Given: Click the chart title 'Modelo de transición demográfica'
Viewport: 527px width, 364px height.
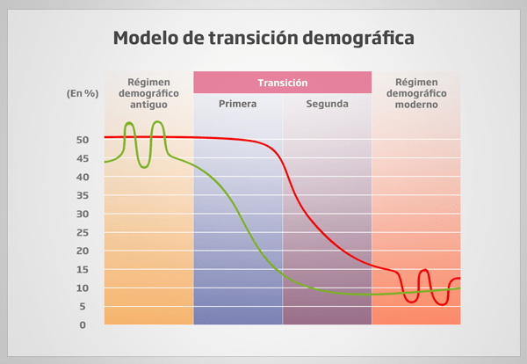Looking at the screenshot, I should coord(263,40).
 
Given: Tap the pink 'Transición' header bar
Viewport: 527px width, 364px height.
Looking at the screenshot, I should coord(282,83).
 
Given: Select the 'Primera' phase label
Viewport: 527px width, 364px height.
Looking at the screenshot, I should coord(237,104).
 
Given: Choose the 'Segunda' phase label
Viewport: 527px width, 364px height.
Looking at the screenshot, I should coord(327,104).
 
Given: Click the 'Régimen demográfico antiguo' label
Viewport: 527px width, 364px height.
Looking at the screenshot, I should coord(148,92).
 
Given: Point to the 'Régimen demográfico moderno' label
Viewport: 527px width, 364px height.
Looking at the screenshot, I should coord(416,92).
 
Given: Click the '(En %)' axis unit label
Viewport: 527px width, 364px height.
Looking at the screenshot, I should coord(82,92).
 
